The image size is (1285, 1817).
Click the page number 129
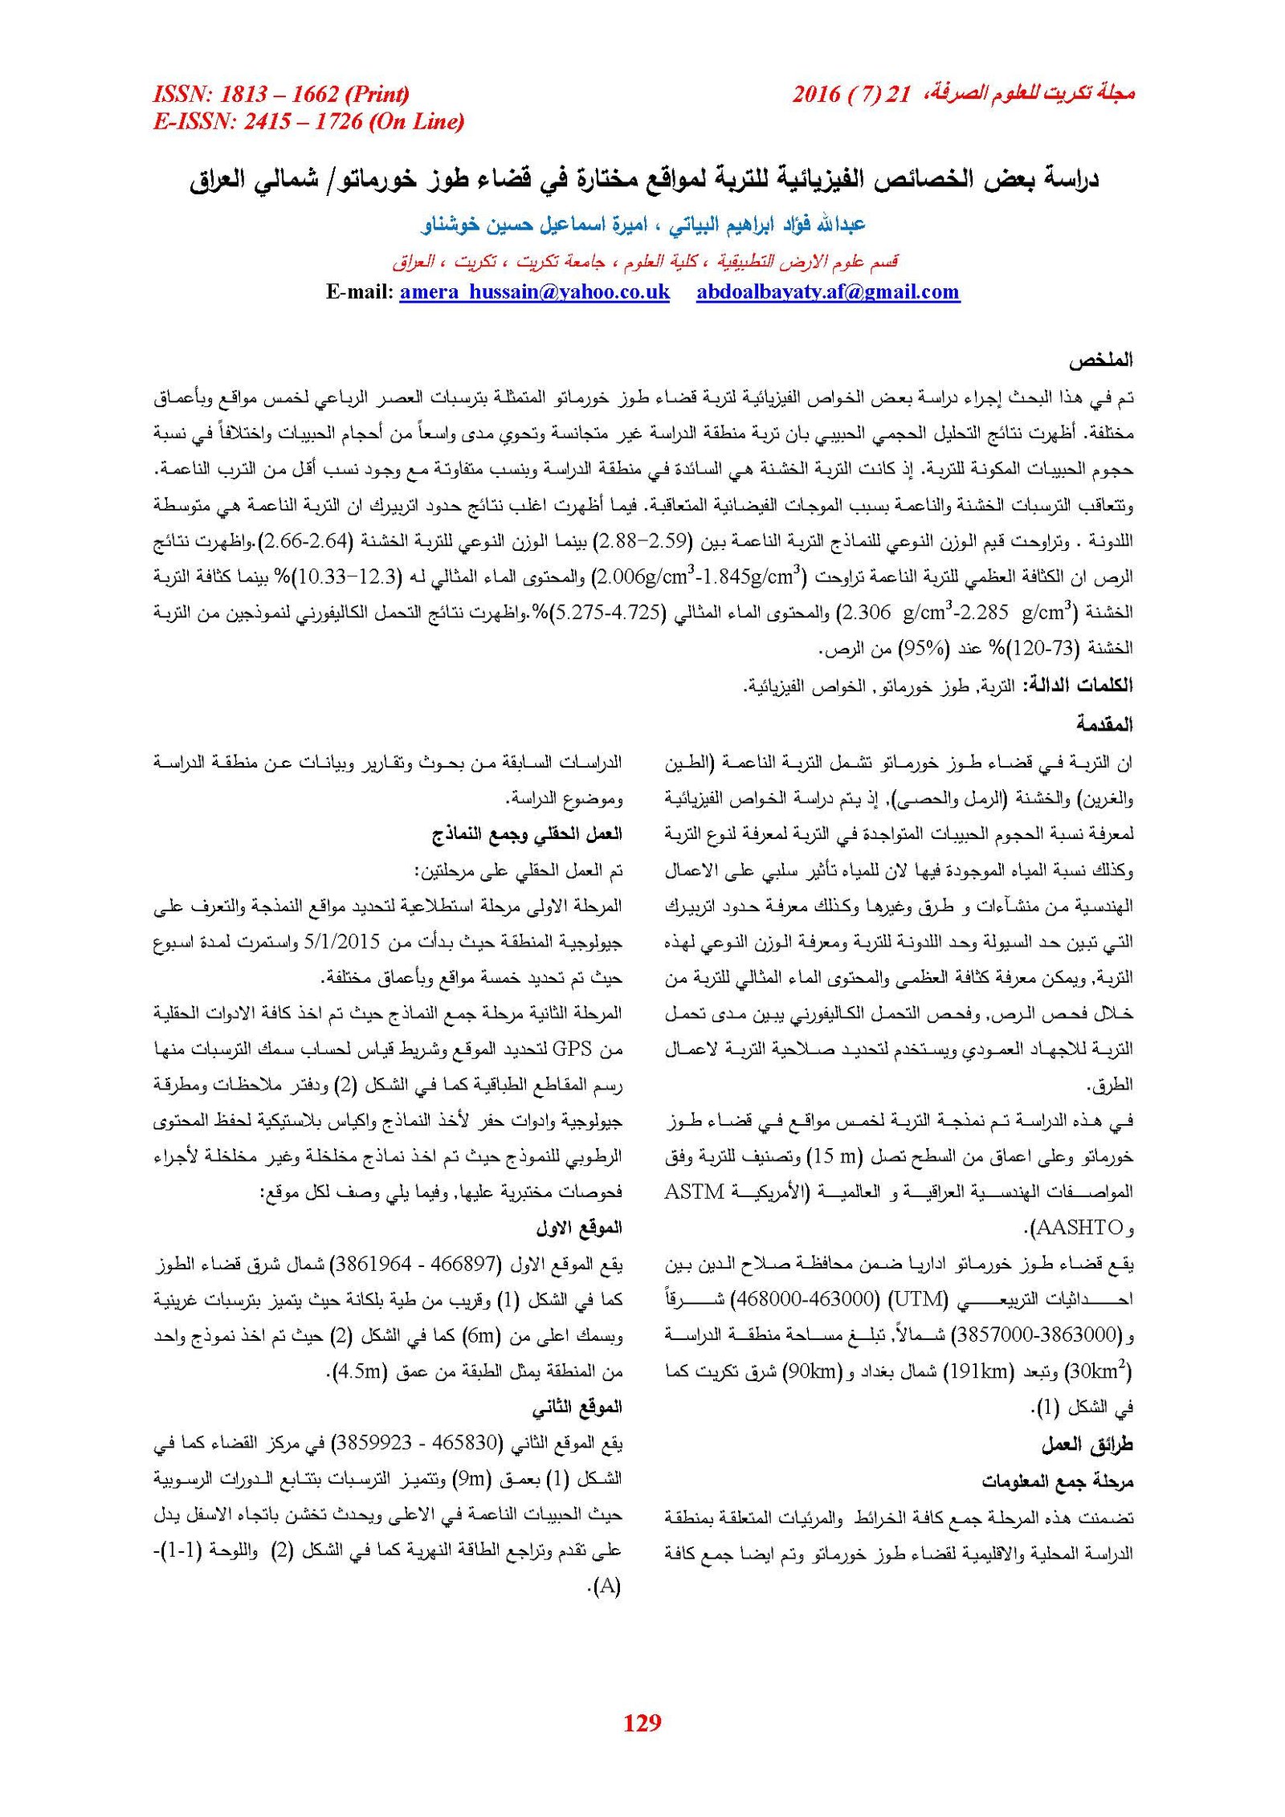(x=642, y=1721)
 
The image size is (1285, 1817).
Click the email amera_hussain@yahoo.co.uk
(x=534, y=291)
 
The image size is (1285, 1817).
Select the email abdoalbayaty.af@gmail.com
(x=828, y=291)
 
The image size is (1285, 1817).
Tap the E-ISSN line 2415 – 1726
(x=308, y=121)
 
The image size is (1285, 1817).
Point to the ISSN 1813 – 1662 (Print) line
(x=281, y=94)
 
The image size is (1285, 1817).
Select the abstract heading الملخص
(x=1100, y=361)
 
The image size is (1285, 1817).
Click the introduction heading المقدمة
(x=1104, y=724)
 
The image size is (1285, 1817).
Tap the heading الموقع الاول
(x=579, y=1228)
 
